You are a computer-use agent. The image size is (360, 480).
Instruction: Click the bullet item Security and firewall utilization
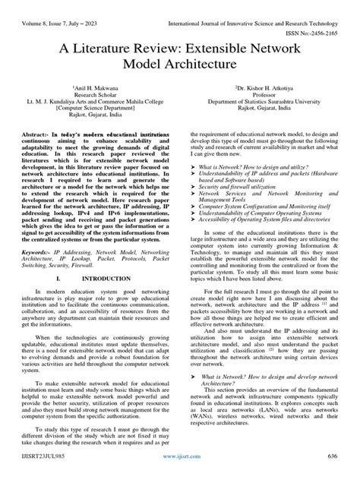click(242, 185)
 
